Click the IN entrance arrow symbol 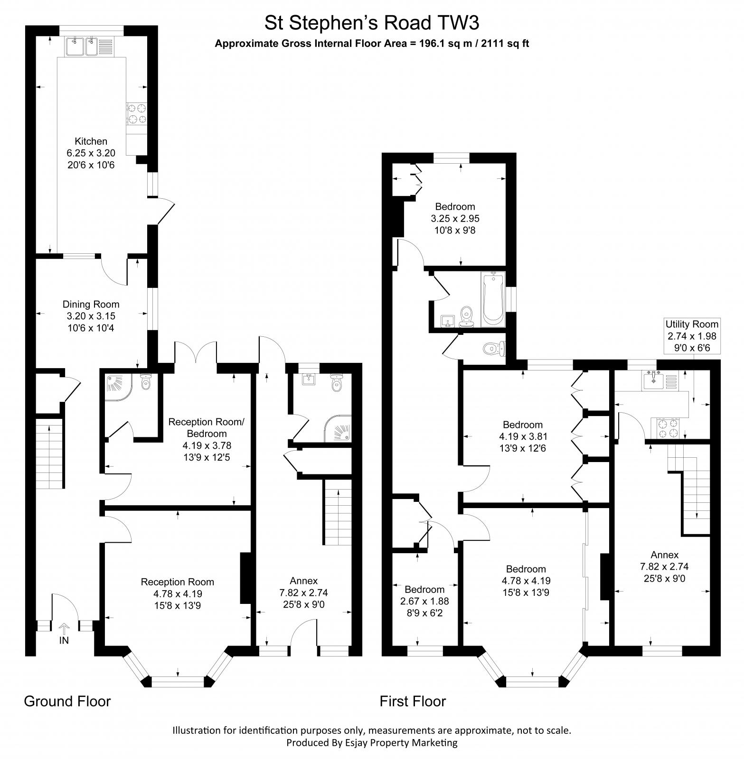pos(63,629)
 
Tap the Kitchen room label pos(91,141)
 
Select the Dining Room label pos(91,305)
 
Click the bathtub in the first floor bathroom pos(492,299)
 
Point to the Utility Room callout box pos(691,336)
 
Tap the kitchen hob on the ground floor pos(137,114)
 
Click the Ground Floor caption pos(67,701)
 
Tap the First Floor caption pos(413,701)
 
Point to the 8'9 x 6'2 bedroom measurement pos(424,612)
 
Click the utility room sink pos(653,380)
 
